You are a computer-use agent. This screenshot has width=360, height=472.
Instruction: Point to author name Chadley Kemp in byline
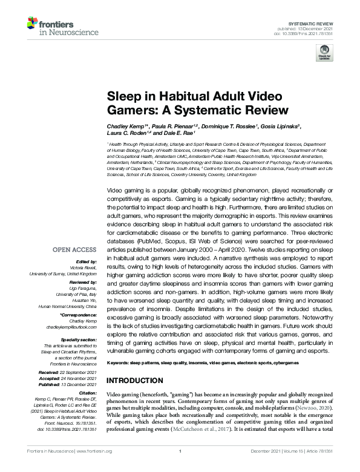[x=128, y=126]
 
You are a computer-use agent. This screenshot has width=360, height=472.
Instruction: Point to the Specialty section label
[x=80, y=339]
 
